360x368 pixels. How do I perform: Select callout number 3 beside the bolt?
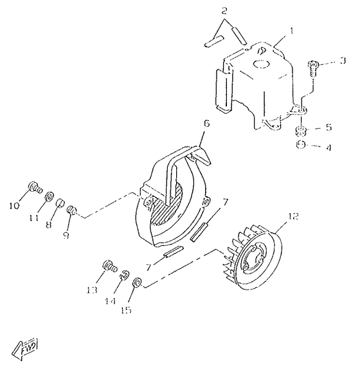(343, 60)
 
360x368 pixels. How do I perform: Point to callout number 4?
(329, 147)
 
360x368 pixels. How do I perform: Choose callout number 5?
(329, 127)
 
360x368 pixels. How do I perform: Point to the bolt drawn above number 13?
(108, 266)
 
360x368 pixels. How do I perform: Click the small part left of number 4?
(300, 146)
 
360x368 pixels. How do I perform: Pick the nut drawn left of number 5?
(300, 132)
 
